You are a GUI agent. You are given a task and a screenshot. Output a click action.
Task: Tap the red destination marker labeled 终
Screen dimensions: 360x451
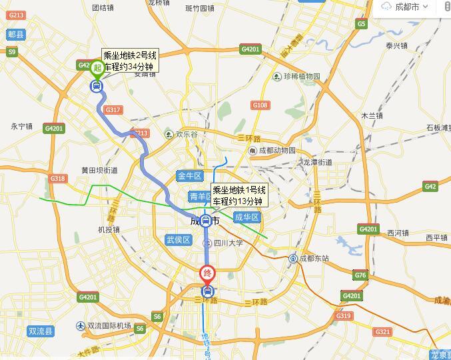coord(207,274)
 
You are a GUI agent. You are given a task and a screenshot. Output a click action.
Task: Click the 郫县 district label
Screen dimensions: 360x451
coord(15,34)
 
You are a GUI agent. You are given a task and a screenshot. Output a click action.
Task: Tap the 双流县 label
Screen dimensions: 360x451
coord(41,331)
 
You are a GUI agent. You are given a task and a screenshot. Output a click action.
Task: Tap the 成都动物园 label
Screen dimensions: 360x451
coord(276,150)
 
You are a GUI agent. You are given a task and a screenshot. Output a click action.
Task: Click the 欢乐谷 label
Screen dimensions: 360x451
coord(186,134)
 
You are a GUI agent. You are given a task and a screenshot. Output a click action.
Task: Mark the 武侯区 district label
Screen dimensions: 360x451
coord(178,239)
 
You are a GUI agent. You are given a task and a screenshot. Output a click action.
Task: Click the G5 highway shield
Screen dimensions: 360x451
coord(362,24)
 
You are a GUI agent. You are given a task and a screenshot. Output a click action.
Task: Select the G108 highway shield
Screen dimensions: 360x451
coord(260,105)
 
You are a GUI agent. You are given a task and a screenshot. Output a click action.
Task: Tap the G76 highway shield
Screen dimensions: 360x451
coord(360,275)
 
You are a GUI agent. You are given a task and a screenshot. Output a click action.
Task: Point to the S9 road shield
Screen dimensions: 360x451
coord(12,51)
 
